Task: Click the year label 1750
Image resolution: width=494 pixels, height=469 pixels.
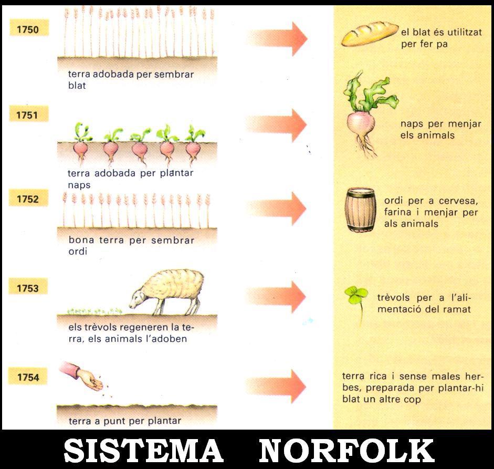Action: tap(28, 29)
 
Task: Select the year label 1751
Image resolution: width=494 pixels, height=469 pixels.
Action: tap(28, 115)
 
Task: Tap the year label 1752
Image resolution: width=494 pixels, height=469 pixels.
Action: tap(28, 200)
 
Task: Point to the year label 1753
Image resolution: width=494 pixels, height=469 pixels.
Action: tap(28, 288)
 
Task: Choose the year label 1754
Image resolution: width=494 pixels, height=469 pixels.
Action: tap(28, 377)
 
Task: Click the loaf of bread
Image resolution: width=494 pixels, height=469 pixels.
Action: tap(370, 34)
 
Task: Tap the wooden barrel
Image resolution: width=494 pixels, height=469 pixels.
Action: tap(360, 209)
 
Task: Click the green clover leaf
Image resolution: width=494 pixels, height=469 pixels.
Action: tap(355, 295)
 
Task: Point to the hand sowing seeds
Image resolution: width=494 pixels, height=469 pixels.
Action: tap(85, 376)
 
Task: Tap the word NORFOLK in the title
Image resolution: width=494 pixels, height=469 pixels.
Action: tap(346, 451)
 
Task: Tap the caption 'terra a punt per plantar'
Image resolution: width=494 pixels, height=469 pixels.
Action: tap(125, 421)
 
